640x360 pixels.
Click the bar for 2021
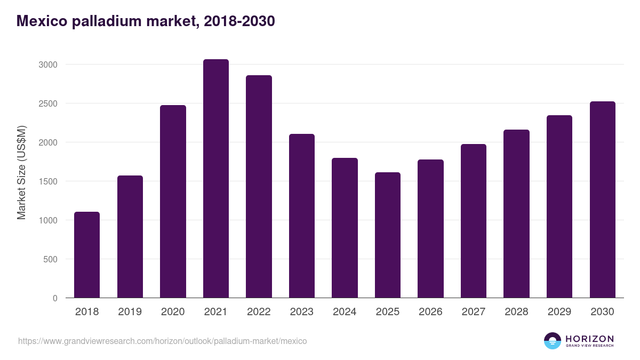(216, 179)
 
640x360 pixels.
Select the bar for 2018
(87, 255)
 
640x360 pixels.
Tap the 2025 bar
(388, 235)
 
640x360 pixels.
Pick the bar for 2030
(603, 199)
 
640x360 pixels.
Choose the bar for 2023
(302, 216)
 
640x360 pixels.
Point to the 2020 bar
(173, 202)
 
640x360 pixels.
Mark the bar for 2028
(517, 214)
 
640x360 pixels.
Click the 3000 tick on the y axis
(47, 65)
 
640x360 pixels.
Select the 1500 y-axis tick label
(47, 181)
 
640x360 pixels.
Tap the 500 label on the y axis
(50, 259)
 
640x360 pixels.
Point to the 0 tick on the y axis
(55, 298)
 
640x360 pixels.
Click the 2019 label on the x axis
(130, 312)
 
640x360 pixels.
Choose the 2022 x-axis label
(259, 312)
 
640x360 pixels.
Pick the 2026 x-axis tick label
(430, 312)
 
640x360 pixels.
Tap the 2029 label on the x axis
(559, 312)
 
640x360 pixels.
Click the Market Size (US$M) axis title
(21, 173)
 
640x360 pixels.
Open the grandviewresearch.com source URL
(163, 341)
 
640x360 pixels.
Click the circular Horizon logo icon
(553, 341)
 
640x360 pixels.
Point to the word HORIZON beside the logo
(589, 338)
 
